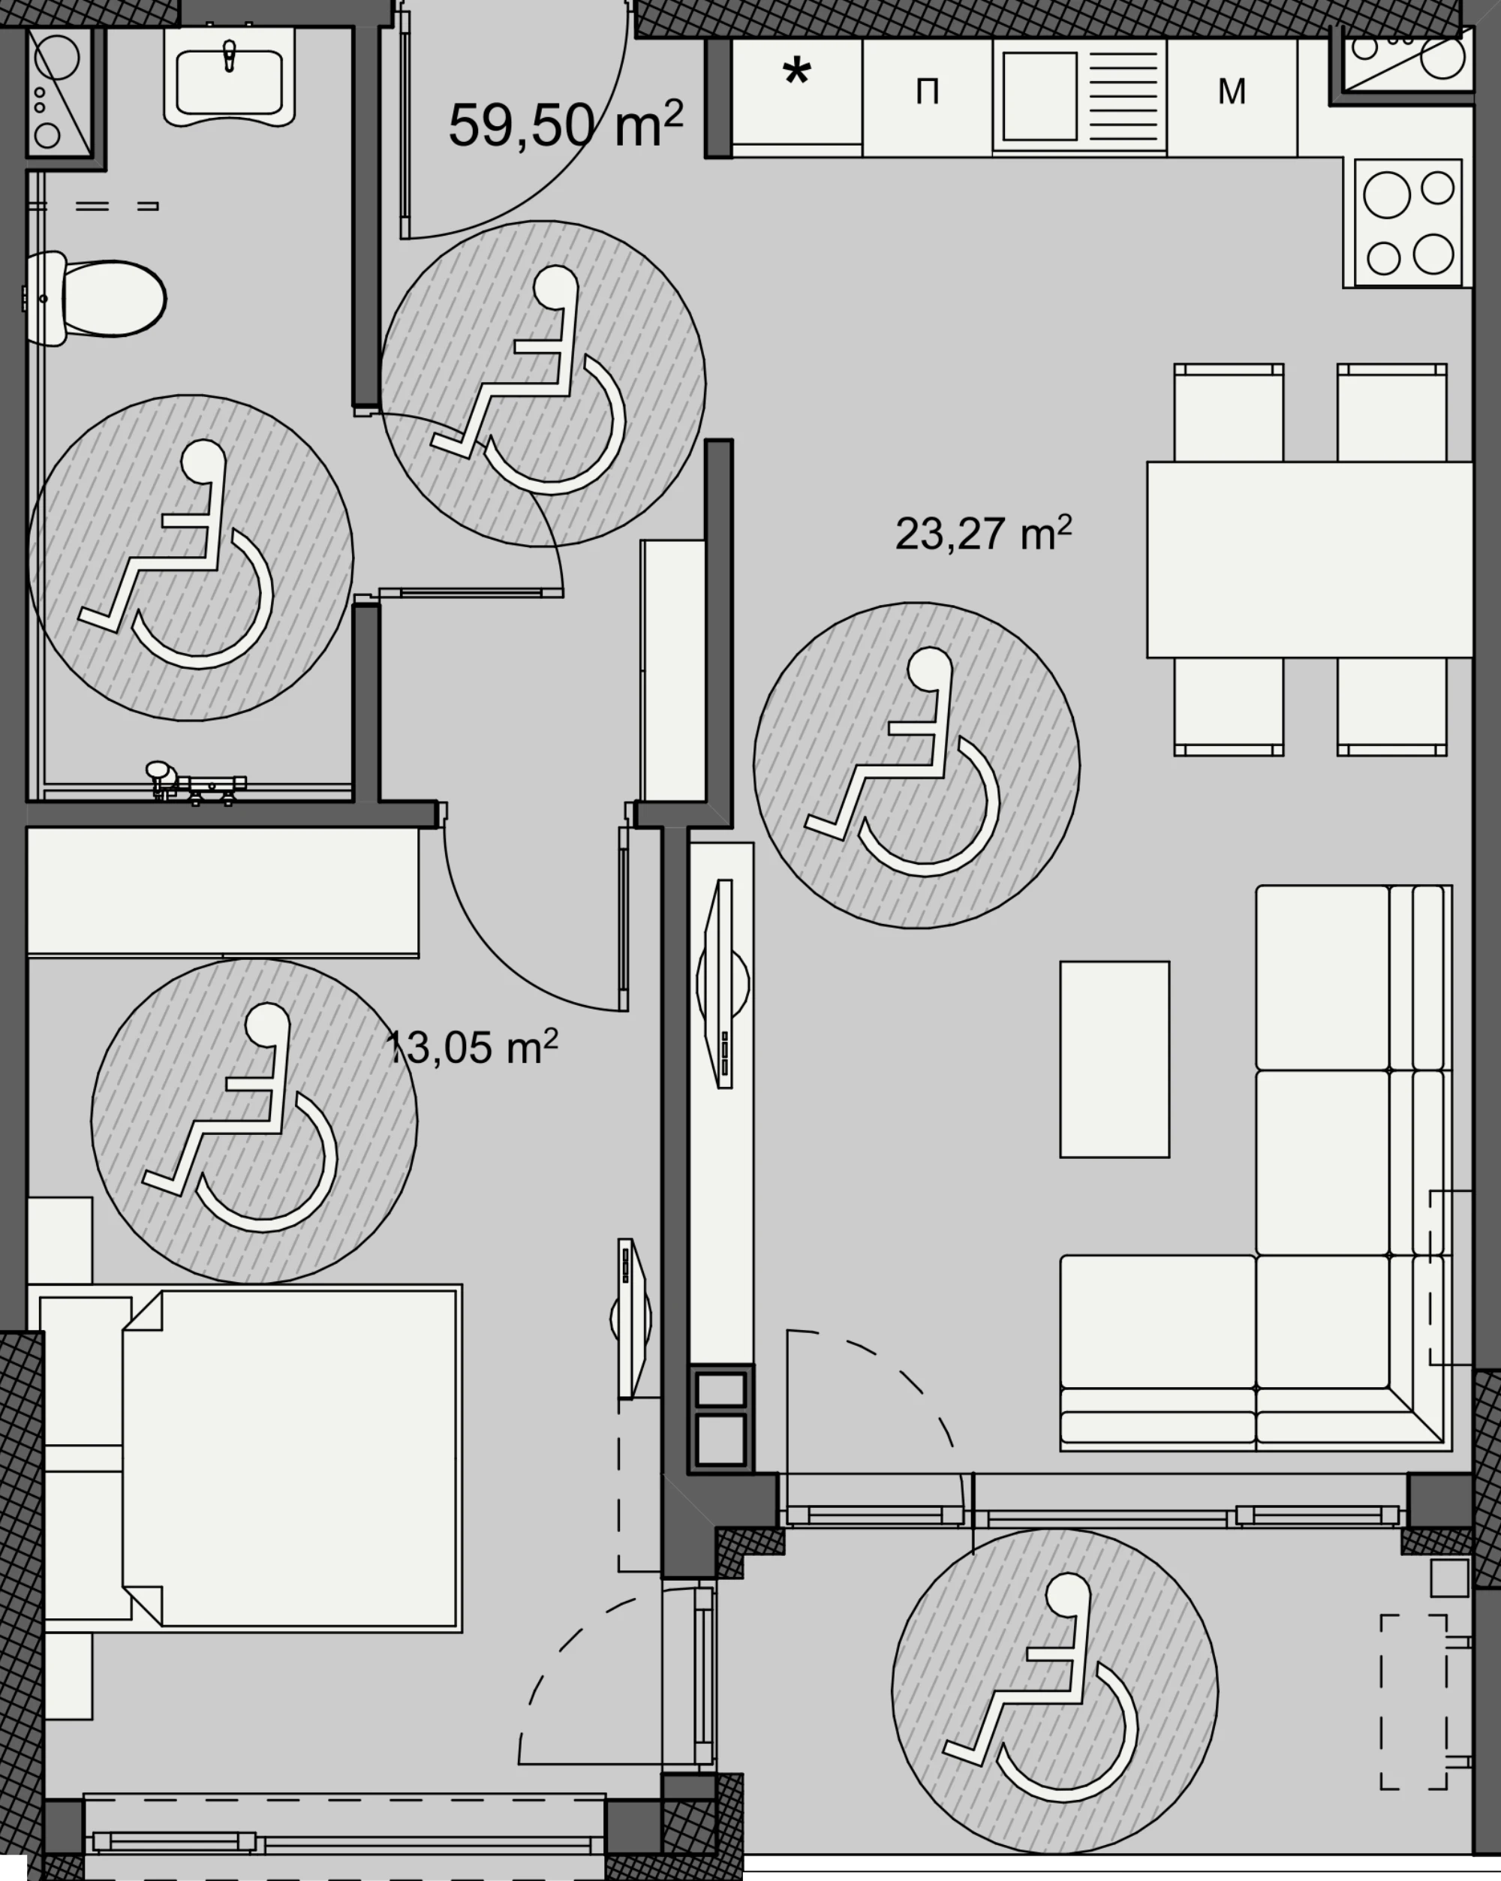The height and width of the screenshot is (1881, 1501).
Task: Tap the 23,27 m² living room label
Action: (983, 533)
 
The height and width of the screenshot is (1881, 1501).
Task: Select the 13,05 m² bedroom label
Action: (471, 1046)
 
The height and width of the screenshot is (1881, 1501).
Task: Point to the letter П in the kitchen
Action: (927, 91)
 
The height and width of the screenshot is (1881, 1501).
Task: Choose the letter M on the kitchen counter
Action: (1232, 91)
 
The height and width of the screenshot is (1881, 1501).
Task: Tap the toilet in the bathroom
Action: (95, 299)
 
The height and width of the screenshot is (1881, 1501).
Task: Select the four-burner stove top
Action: (1408, 224)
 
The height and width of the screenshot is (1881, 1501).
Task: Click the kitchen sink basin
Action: (1039, 96)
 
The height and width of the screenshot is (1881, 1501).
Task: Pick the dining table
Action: (1310, 559)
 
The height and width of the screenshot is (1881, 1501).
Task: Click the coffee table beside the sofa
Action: (1114, 1059)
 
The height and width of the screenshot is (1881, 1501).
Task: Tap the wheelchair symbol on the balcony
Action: (1054, 1690)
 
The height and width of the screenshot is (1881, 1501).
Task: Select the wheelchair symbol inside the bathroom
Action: (190, 558)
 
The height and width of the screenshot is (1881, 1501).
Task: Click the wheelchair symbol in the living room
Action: (916, 765)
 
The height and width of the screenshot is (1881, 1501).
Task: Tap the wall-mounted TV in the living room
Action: (722, 983)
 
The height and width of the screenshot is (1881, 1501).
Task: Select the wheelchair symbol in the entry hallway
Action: (543, 384)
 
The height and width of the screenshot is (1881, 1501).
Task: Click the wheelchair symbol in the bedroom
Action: (254, 1121)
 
